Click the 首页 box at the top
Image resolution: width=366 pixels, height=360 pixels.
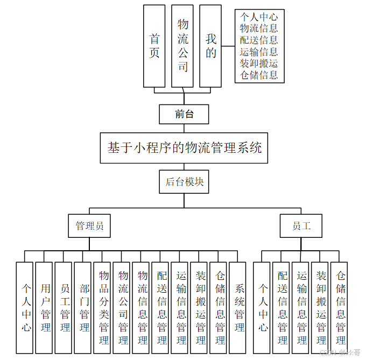click(154, 46)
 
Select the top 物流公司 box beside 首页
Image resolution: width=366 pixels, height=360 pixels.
click(182, 46)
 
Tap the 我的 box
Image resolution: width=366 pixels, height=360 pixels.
click(210, 46)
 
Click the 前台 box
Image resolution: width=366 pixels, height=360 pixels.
click(184, 114)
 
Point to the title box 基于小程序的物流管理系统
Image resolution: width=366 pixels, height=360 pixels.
click(184, 147)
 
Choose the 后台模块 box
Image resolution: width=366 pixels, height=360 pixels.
click(184, 182)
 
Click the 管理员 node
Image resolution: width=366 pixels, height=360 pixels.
click(89, 226)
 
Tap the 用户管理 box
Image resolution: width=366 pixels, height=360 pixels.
click(45, 307)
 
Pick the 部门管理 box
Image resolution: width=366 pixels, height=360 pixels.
click(84, 307)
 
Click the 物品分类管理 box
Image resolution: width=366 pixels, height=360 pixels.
click(103, 307)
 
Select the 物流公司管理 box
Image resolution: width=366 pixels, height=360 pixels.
click(123, 307)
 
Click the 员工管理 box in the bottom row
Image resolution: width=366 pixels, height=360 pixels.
click(65, 307)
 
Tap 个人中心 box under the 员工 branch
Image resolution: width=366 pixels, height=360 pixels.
click(263, 307)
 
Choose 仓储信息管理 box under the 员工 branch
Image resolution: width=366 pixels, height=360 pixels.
click(340, 307)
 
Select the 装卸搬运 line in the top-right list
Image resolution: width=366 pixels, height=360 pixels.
click(259, 63)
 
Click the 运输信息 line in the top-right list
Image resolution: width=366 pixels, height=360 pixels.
click(259, 52)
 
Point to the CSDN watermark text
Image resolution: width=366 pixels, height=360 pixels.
click(340, 352)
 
